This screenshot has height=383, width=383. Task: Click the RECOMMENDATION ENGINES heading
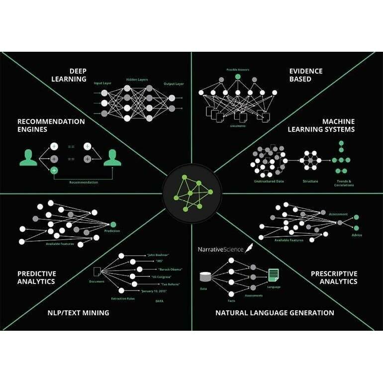click(x=51, y=125)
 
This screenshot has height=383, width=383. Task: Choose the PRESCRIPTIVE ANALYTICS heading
click(x=334, y=278)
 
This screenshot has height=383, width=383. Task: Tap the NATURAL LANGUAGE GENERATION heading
click(x=275, y=313)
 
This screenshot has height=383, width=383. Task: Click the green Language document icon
click(x=274, y=274)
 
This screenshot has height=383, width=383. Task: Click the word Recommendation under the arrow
click(x=84, y=183)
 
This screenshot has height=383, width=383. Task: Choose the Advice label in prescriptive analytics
click(x=357, y=235)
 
